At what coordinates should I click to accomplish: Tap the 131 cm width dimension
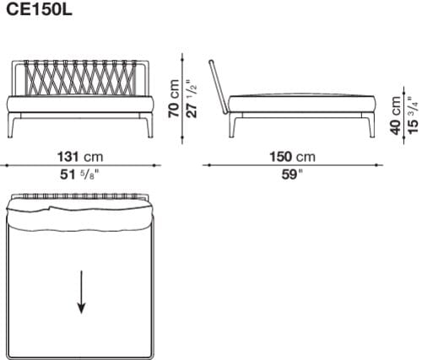[80, 158]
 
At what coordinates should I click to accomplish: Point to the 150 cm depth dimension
[293, 158]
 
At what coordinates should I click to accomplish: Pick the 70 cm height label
[175, 99]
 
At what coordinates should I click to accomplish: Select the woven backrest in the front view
[80, 77]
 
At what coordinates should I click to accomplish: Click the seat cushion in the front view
[80, 105]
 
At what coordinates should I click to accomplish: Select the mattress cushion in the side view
[295, 102]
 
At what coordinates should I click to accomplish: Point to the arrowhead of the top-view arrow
[81, 309]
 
